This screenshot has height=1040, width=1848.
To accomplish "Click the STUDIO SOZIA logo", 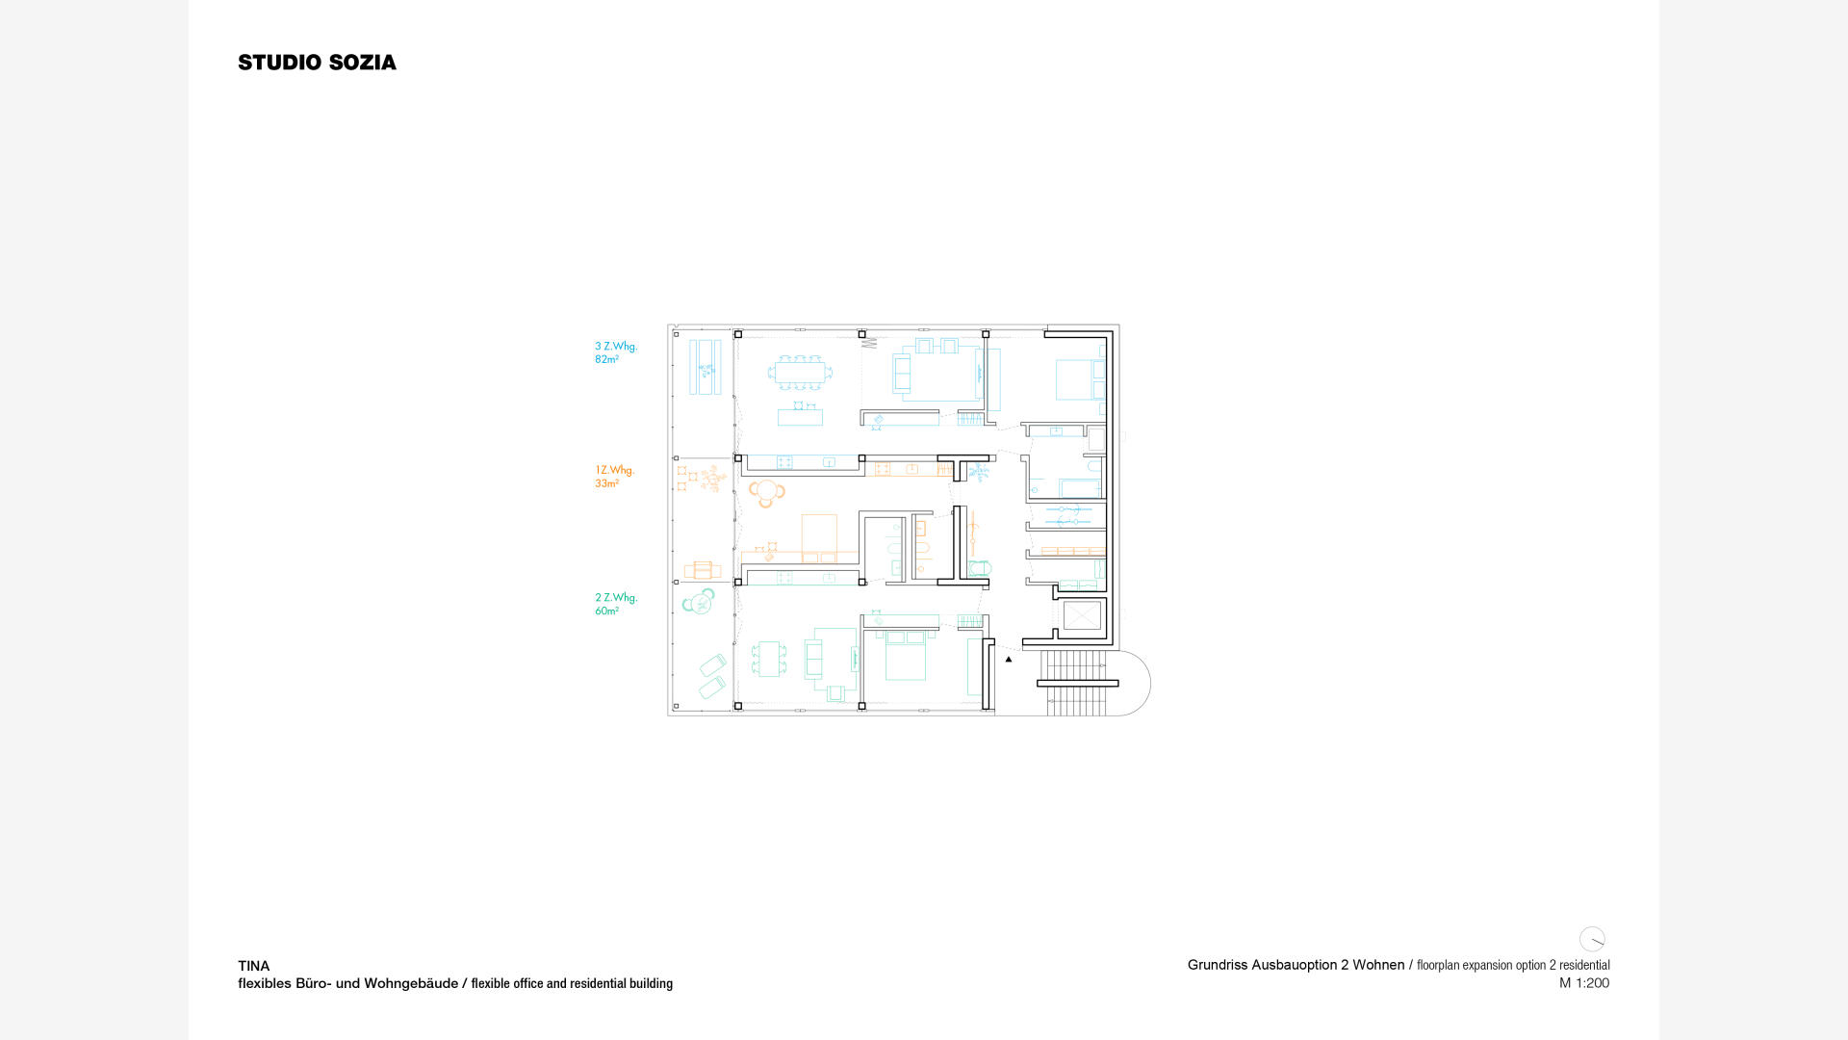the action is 317,63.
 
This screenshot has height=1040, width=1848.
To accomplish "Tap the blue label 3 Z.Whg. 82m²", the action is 616,352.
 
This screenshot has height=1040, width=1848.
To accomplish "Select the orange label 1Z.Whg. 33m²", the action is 614,477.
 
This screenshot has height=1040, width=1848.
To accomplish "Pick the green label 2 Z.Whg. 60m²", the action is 616,604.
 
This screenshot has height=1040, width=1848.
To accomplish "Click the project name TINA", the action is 254,966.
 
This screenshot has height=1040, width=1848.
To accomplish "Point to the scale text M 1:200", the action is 1584,983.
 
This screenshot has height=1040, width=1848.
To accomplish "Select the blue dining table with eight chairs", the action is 800,372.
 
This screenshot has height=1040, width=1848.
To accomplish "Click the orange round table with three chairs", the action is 767,493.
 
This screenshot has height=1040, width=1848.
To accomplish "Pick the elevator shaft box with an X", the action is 1082,615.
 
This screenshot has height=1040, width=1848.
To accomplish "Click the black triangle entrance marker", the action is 1009,660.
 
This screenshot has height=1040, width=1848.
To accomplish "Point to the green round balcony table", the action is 699,602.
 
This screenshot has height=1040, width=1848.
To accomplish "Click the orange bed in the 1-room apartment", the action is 819,539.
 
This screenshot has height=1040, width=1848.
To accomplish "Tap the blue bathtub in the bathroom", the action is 1080,488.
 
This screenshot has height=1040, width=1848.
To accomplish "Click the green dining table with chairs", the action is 769,660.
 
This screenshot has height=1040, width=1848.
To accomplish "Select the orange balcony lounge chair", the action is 703,571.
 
